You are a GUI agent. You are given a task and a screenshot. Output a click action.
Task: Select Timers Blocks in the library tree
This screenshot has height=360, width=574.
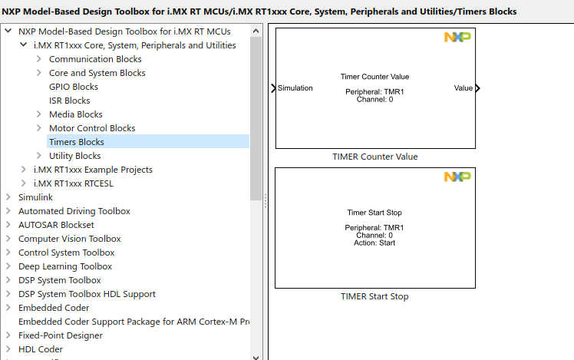point(76,142)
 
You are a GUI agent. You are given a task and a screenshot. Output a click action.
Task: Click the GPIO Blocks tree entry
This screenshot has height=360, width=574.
point(73,87)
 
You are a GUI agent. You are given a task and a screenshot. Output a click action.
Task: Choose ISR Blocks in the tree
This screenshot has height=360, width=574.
point(69,101)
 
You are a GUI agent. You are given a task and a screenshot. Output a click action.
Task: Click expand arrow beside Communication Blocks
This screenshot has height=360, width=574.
point(39,59)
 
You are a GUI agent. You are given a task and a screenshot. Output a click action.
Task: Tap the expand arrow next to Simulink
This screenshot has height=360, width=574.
point(8,197)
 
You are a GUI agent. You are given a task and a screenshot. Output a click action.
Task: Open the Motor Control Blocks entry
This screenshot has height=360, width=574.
point(91,128)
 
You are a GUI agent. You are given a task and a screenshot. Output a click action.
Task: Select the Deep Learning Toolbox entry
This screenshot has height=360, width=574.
point(65,266)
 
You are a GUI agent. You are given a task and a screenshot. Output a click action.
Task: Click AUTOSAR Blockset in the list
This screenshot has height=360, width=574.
point(56,225)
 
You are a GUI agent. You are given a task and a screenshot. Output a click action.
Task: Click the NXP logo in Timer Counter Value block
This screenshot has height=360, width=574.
point(457,38)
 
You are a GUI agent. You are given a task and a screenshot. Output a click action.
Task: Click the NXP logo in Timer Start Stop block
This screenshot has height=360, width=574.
point(457,177)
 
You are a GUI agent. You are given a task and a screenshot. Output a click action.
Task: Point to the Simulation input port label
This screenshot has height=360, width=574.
point(295,88)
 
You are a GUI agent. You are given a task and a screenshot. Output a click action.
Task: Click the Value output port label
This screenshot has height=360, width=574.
point(463,88)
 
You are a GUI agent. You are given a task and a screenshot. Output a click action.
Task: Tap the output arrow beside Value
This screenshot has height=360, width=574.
point(478,88)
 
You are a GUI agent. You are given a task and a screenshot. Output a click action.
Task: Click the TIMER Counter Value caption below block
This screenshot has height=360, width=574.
point(374,157)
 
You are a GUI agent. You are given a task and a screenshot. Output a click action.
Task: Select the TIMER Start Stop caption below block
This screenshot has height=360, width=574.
point(374,296)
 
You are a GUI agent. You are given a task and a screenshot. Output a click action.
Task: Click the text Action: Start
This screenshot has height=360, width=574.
point(374,243)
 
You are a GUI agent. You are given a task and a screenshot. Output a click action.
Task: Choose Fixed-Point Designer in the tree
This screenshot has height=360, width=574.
point(61,335)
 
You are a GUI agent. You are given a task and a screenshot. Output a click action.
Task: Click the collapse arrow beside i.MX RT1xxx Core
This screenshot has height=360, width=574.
point(24,45)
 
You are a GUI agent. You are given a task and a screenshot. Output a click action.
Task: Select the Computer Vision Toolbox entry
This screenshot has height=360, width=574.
point(69,239)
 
